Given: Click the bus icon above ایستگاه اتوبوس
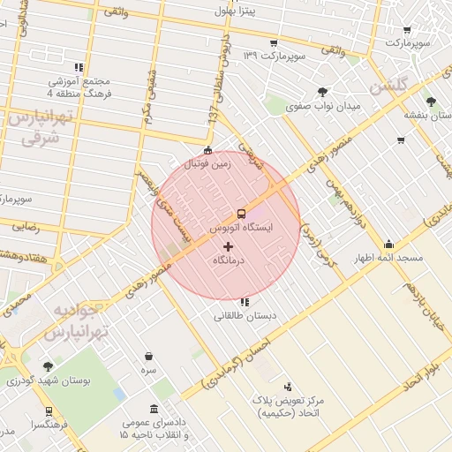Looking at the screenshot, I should (x=240, y=214).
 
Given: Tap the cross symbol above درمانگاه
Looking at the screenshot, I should (x=229, y=246).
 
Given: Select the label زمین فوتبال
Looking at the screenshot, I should (x=207, y=163).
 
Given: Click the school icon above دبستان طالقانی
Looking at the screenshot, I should (x=244, y=302).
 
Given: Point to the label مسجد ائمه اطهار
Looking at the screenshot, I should (x=389, y=258).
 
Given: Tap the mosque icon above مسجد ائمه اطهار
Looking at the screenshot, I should (x=389, y=245).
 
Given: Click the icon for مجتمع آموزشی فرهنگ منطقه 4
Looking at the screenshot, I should (x=79, y=67).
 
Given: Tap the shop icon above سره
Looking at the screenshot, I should (x=148, y=358).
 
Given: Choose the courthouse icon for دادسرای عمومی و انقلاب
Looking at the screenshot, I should (x=154, y=409).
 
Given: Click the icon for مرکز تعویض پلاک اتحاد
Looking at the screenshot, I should (x=288, y=387).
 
